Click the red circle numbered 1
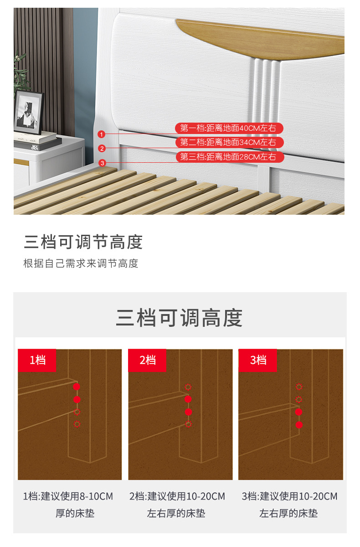[101, 134]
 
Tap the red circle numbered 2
[102, 149]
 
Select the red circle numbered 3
[102, 163]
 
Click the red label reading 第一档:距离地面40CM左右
[229, 128]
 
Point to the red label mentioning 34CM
[229, 142]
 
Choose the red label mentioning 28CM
[230, 157]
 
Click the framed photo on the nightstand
[28, 112]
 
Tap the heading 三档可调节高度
[83, 242]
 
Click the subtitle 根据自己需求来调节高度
[81, 263]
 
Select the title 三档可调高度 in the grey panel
[180, 318]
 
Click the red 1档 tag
[37, 360]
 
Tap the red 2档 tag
[147, 360]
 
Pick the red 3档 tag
[258, 360]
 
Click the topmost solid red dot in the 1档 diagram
[77, 387]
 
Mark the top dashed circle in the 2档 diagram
[188, 387]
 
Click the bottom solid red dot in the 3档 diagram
[299, 425]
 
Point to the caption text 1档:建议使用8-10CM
[68, 496]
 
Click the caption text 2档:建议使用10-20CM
[177, 496]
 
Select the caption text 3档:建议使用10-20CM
[290, 496]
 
